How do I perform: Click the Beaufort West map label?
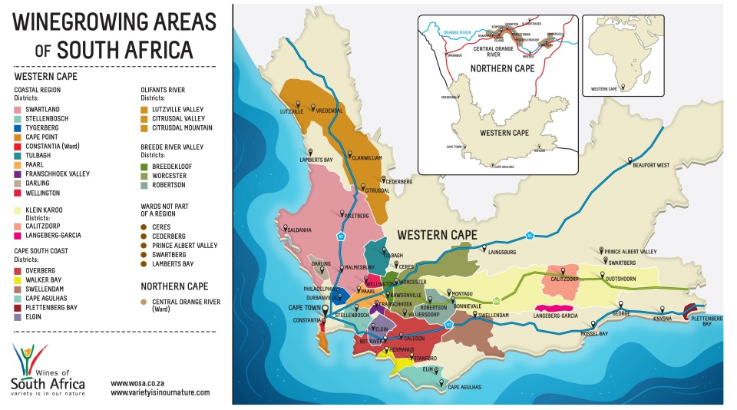(x=652, y=165)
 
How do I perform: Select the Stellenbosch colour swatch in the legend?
(x=18, y=119)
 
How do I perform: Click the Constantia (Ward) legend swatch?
(x=18, y=147)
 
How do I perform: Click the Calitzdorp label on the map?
(x=564, y=279)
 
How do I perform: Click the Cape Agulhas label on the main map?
(x=464, y=387)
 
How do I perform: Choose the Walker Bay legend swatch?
(x=18, y=280)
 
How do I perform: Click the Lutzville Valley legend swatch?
(x=144, y=110)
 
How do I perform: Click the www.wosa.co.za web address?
(x=138, y=382)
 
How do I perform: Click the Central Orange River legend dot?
(x=144, y=302)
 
